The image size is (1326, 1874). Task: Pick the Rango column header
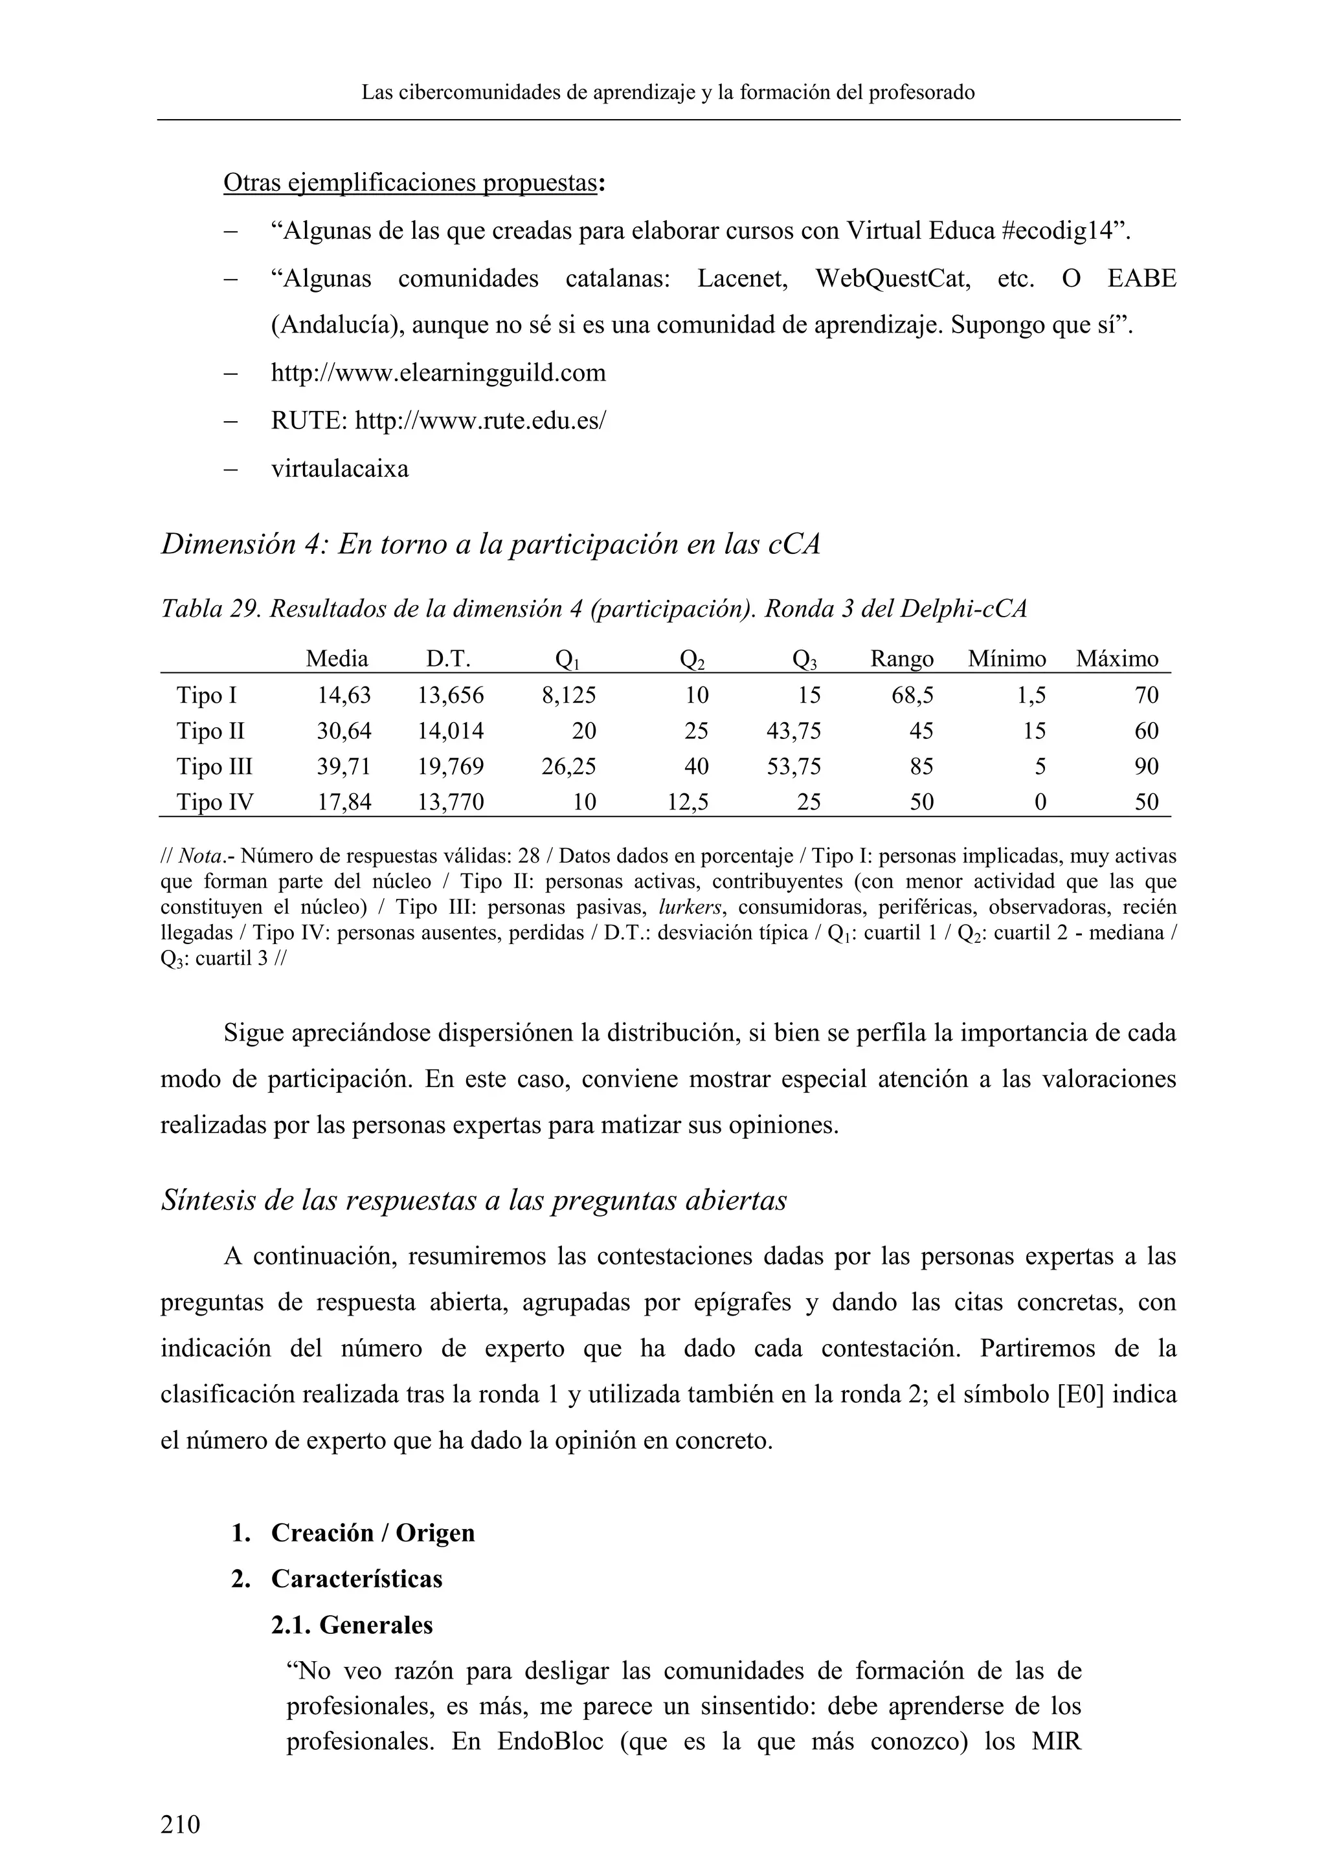[x=901, y=659]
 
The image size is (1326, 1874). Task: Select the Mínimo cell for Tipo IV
[x=1039, y=802]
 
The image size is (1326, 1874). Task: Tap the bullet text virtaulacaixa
[x=340, y=469]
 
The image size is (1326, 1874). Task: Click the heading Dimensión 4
[x=490, y=544]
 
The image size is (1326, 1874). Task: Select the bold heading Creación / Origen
[x=372, y=1533]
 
